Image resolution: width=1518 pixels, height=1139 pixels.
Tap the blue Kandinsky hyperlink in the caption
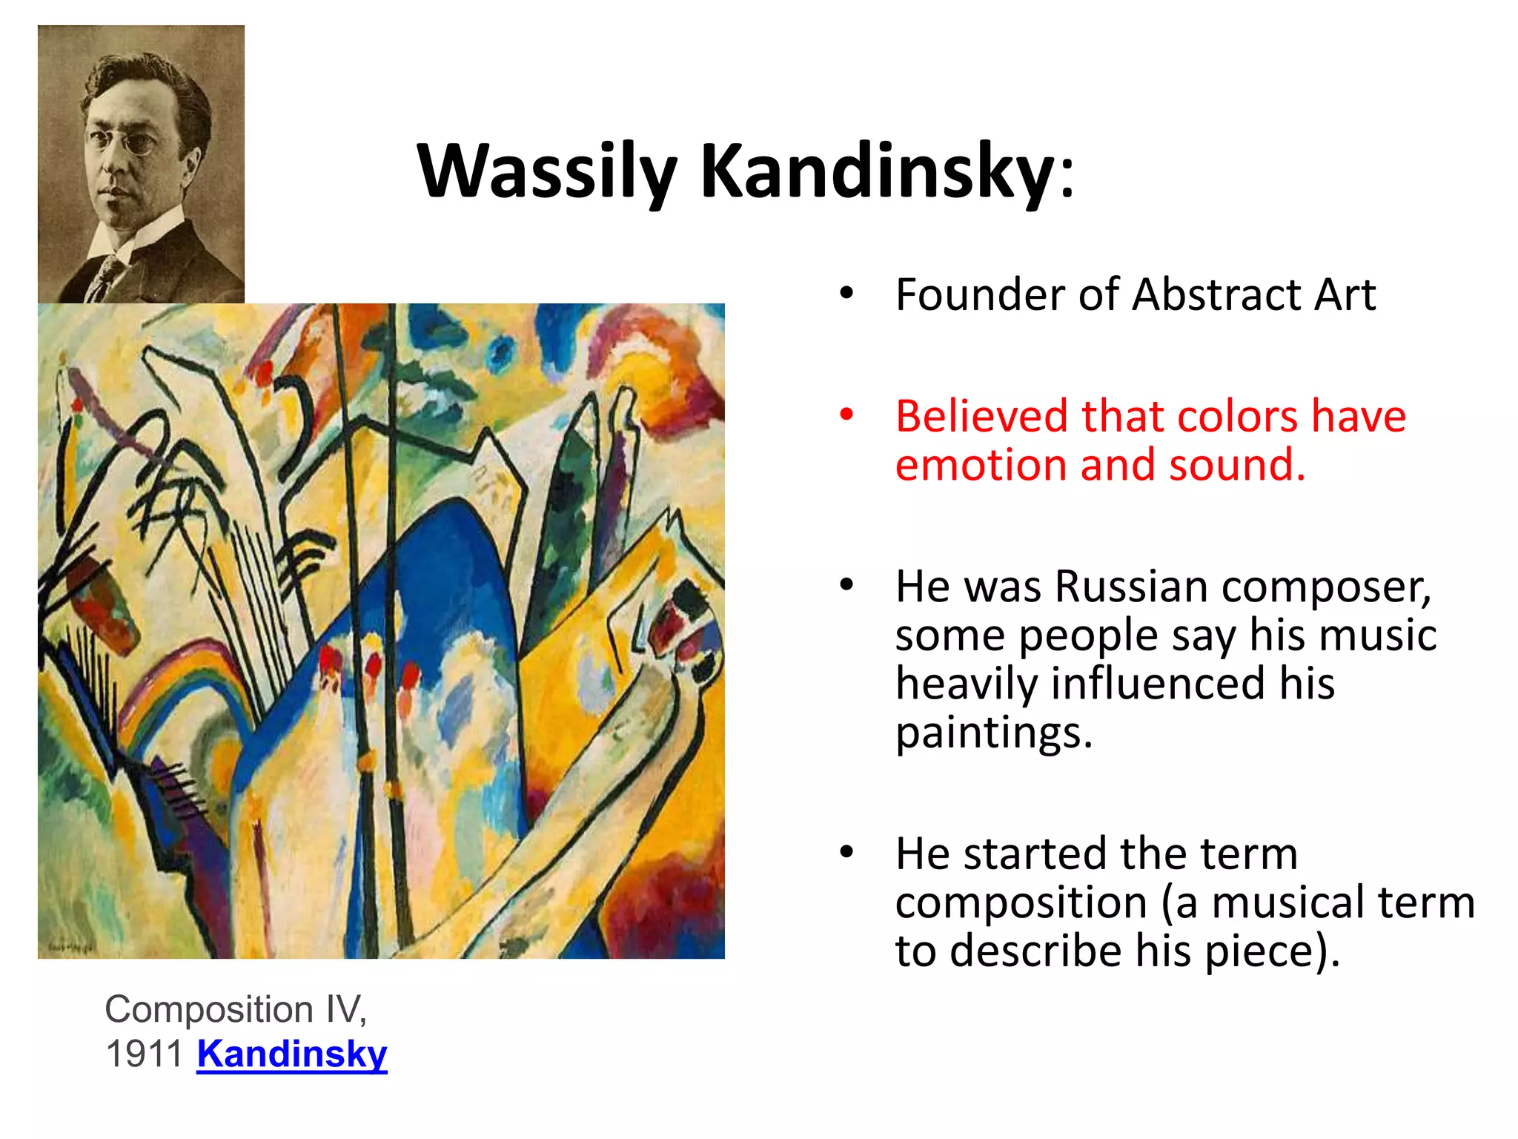point(292,1054)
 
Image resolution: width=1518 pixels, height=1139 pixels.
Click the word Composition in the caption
point(209,1010)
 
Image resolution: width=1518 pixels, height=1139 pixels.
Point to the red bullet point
point(846,415)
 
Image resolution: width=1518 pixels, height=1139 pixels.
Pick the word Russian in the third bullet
point(1131,587)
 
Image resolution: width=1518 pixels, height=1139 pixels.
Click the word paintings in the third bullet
point(993,733)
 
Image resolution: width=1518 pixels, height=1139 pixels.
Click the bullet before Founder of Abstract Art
point(846,294)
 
